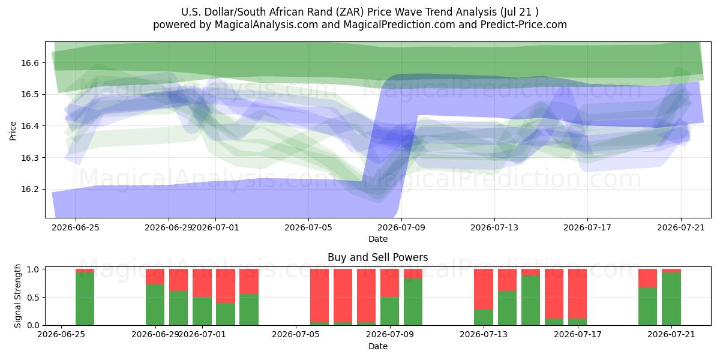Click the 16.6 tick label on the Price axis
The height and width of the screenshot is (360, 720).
point(30,63)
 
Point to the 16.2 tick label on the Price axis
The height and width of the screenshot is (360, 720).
point(30,190)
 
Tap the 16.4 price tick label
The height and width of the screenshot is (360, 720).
point(30,126)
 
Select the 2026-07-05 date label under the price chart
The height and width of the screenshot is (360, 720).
point(308,227)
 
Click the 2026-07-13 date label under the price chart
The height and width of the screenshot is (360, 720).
point(494,227)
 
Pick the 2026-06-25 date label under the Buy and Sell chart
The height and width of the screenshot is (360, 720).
point(61,335)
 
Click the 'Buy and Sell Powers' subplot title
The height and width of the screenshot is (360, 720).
point(377,257)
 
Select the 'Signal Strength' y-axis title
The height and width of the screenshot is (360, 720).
point(17,296)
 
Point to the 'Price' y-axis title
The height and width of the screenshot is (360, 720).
point(13,131)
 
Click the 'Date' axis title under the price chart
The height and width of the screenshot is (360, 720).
point(378,239)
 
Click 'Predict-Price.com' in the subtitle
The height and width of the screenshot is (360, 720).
point(524,25)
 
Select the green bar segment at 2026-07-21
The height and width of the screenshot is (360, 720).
point(671,299)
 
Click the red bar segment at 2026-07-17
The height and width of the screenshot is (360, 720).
point(578,294)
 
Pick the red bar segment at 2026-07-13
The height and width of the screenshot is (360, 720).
point(484,289)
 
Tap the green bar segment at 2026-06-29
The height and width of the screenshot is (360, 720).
point(155,305)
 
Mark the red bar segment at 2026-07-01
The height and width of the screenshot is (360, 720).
point(202,283)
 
